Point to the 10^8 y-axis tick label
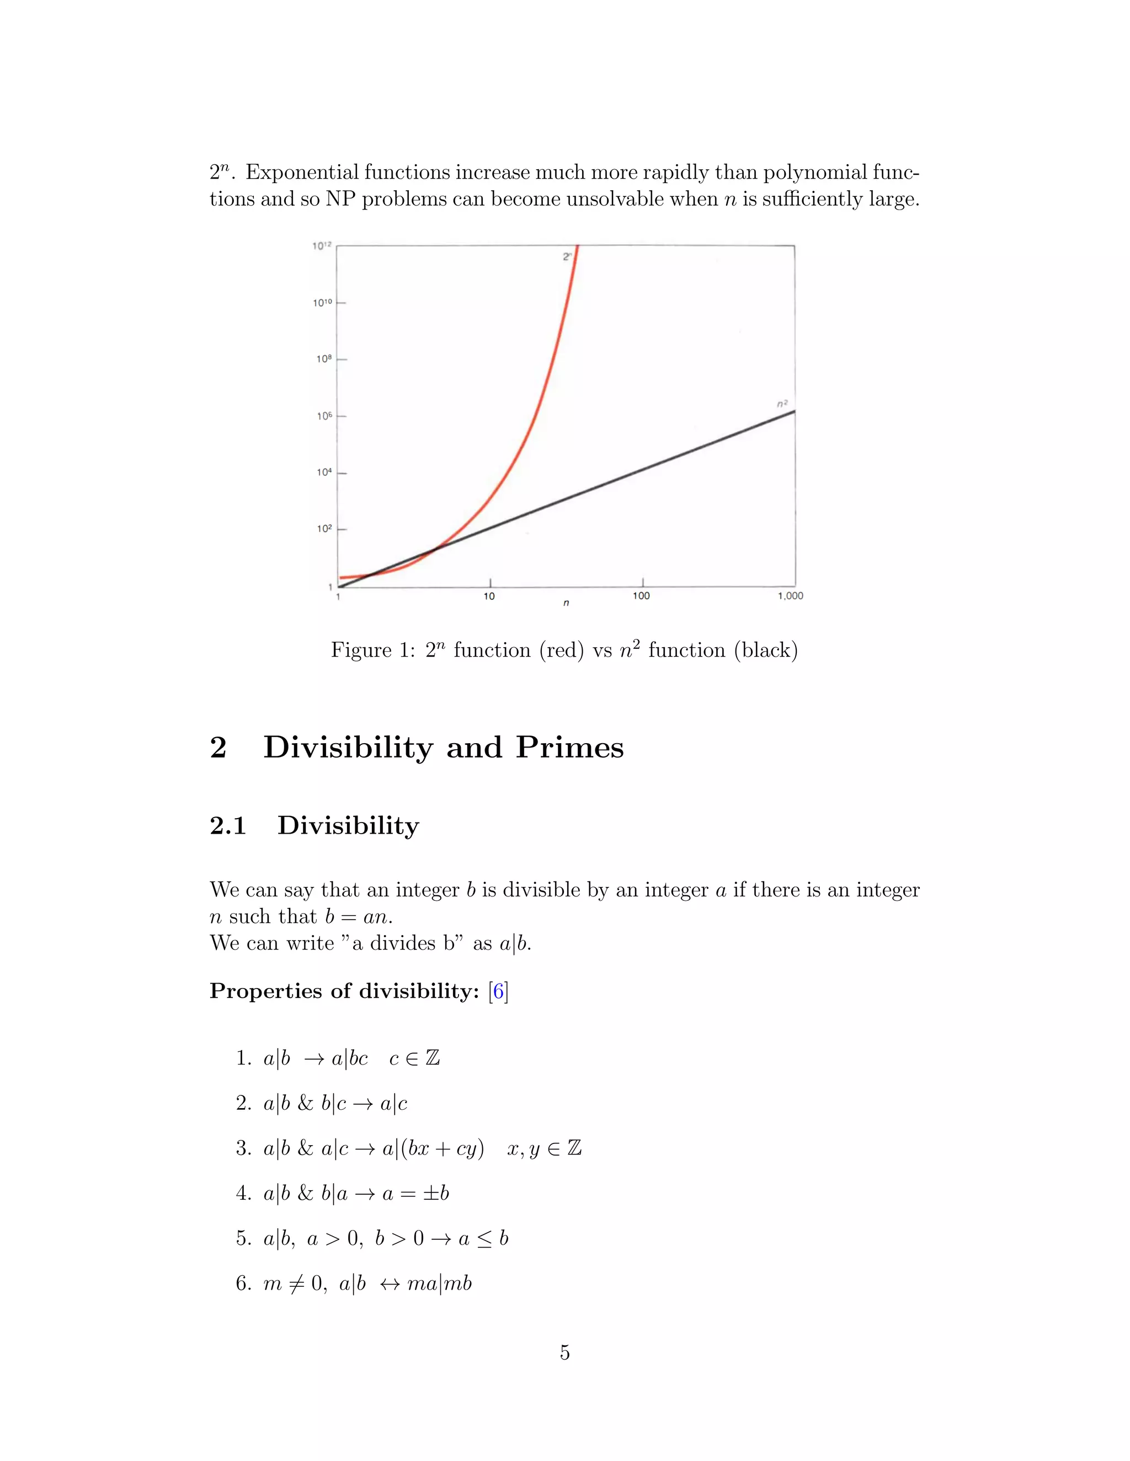[324, 359]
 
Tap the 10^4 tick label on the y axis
[324, 472]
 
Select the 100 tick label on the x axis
[641, 596]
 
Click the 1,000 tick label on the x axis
[790, 596]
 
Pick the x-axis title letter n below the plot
[566, 603]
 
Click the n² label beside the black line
[782, 404]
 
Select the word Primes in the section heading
[569, 747]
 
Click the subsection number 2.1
[228, 825]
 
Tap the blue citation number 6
[499, 991]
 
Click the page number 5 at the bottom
[565, 1352]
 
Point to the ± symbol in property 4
[430, 1194]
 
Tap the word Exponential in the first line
[302, 173]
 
